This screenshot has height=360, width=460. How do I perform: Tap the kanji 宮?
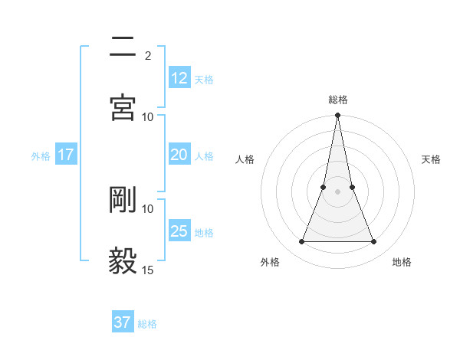click(123, 107)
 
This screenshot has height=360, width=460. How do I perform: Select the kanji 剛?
click(123, 199)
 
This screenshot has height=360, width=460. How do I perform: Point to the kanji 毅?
click(123, 260)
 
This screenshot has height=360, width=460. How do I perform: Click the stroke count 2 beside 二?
click(147, 56)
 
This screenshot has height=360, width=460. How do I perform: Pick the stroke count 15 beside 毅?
click(147, 270)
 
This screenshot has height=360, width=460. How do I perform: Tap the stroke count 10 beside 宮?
click(147, 116)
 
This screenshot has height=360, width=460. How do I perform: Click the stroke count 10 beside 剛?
click(147, 208)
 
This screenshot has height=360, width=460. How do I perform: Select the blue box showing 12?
click(179, 77)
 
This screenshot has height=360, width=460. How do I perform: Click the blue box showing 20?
click(179, 155)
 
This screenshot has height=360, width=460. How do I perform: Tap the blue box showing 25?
click(179, 231)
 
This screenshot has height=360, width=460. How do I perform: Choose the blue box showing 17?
click(66, 155)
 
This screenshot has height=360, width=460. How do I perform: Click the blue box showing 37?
click(123, 322)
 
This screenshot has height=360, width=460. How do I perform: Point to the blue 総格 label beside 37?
click(147, 324)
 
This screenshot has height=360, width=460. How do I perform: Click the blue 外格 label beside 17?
click(41, 156)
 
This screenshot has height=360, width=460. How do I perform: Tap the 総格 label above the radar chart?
click(337, 100)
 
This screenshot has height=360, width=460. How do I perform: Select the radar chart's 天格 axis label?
click(431, 159)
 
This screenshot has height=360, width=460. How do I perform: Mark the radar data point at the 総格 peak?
click(337, 116)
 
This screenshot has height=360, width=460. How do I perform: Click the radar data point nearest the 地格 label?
click(374, 242)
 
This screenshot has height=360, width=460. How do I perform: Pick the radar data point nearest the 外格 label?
click(301, 242)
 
